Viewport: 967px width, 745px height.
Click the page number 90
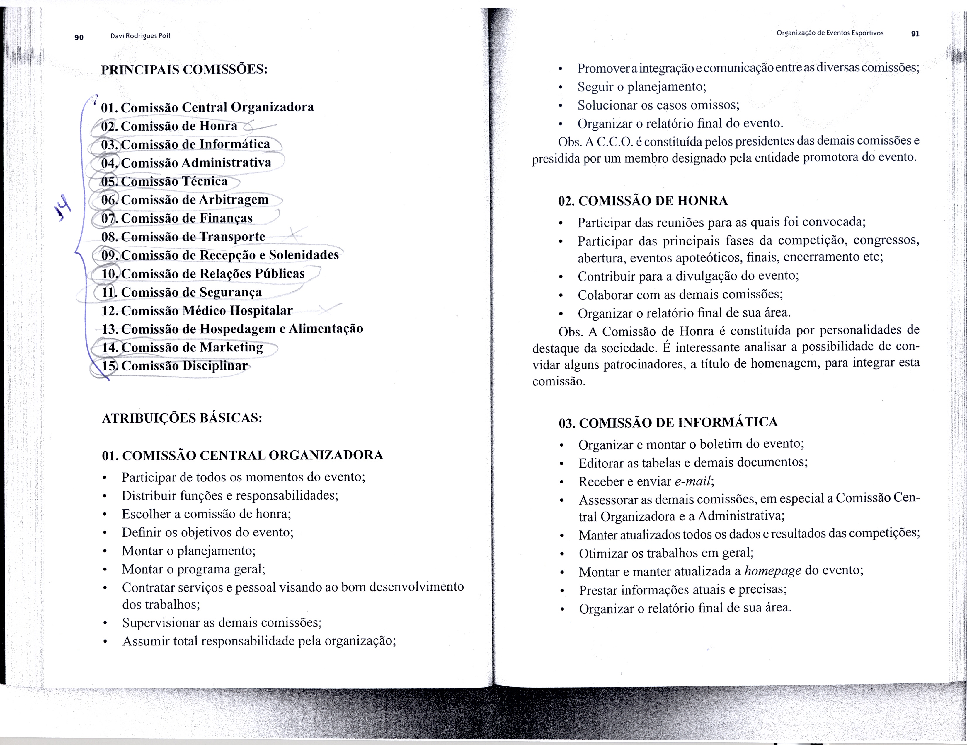click(x=79, y=37)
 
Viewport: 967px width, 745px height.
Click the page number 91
click(x=915, y=34)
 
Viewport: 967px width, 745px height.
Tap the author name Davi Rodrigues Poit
click(x=140, y=36)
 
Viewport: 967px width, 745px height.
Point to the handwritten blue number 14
click(x=63, y=208)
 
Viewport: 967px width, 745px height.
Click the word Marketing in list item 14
click(x=231, y=347)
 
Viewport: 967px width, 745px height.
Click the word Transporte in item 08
click(x=237, y=237)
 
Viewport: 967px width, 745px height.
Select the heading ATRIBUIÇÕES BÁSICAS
click(x=182, y=418)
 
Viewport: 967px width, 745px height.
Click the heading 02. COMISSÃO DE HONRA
click(x=643, y=201)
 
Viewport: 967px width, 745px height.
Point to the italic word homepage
click(x=773, y=571)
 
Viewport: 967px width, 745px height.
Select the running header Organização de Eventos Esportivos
click(x=830, y=33)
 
